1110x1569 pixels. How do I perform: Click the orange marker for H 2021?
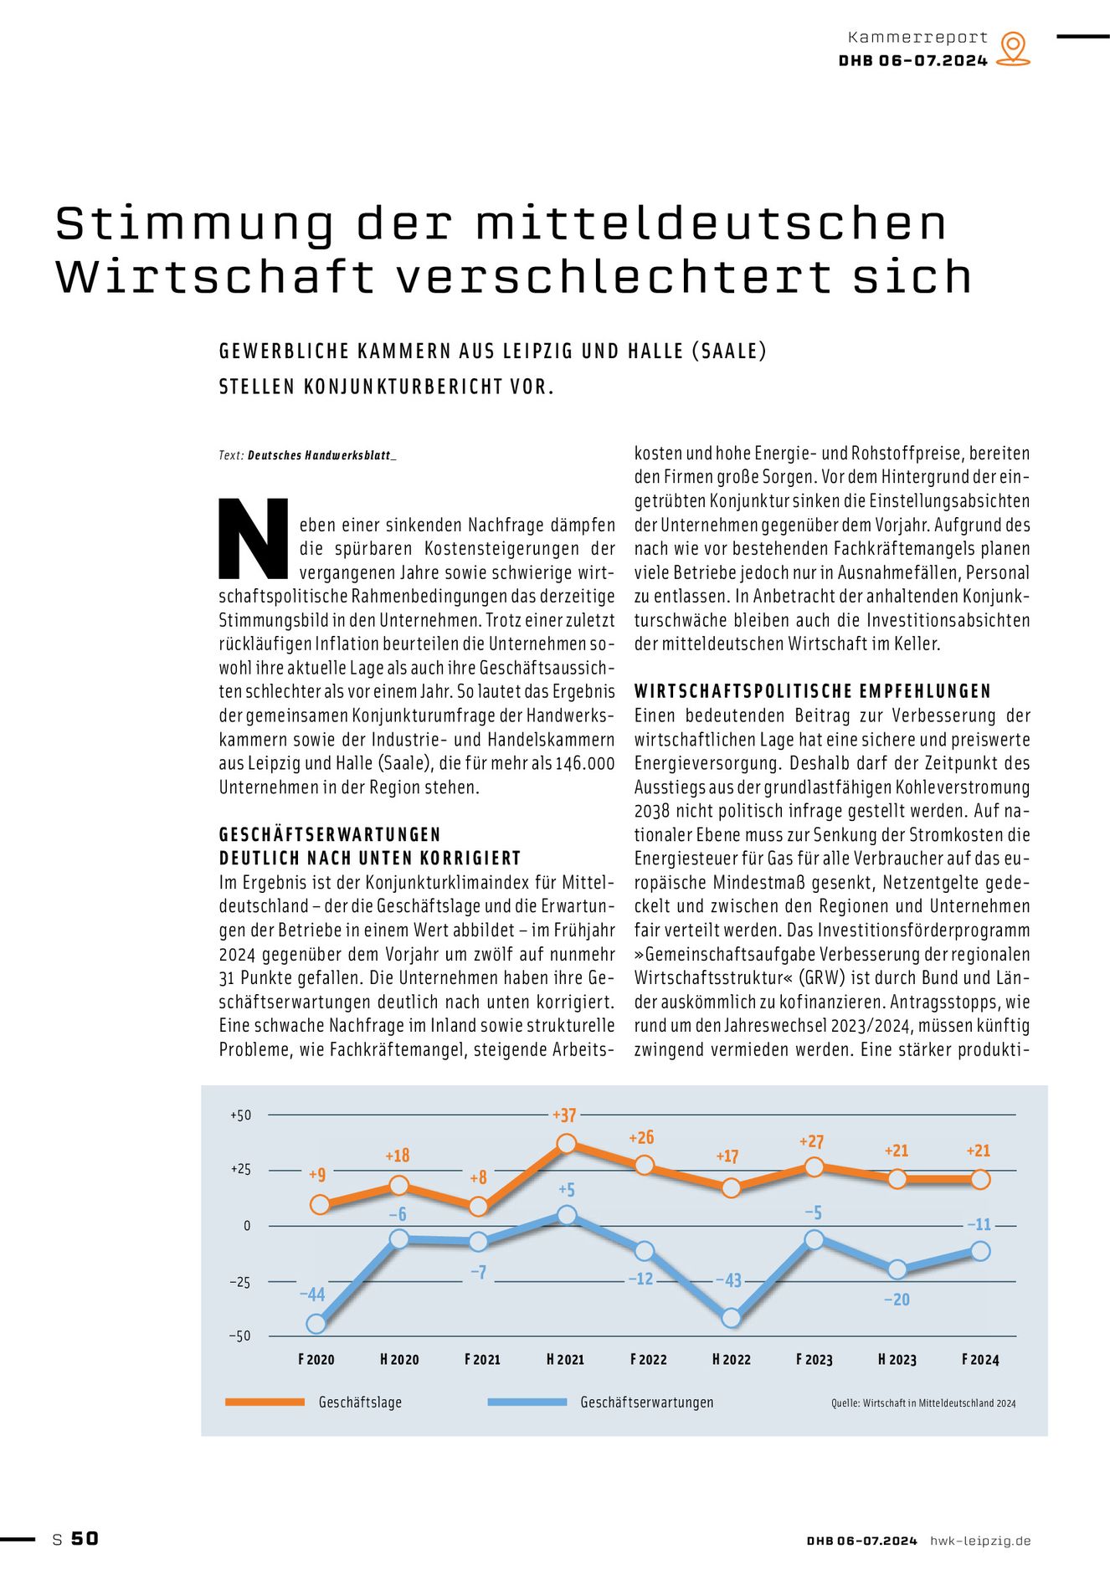tap(567, 1143)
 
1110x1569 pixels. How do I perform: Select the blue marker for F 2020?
tap(316, 1323)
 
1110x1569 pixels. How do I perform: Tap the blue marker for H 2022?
tap(731, 1317)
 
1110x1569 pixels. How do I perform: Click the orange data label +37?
tap(564, 1115)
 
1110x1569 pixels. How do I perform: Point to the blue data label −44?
tap(311, 1295)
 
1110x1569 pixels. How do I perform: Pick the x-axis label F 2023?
tap(814, 1359)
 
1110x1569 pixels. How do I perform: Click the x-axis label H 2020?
tap(399, 1359)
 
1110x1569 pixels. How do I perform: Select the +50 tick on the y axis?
tap(240, 1115)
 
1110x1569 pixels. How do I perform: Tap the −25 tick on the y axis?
tap(239, 1282)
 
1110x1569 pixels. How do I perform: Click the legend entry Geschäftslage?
tap(360, 1402)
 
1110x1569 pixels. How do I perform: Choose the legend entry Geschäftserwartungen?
tap(646, 1402)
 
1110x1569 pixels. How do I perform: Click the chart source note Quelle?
tap(923, 1402)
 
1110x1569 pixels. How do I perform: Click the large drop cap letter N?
tap(253, 539)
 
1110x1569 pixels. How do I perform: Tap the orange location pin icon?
tap(1014, 49)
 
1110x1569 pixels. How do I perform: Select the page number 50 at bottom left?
tap(85, 1538)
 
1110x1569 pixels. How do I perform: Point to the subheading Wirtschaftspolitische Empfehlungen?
tap(812, 691)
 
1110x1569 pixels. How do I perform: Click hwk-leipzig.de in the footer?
tap(980, 1541)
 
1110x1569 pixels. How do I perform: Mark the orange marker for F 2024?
tap(980, 1179)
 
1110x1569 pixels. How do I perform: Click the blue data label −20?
tap(897, 1300)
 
